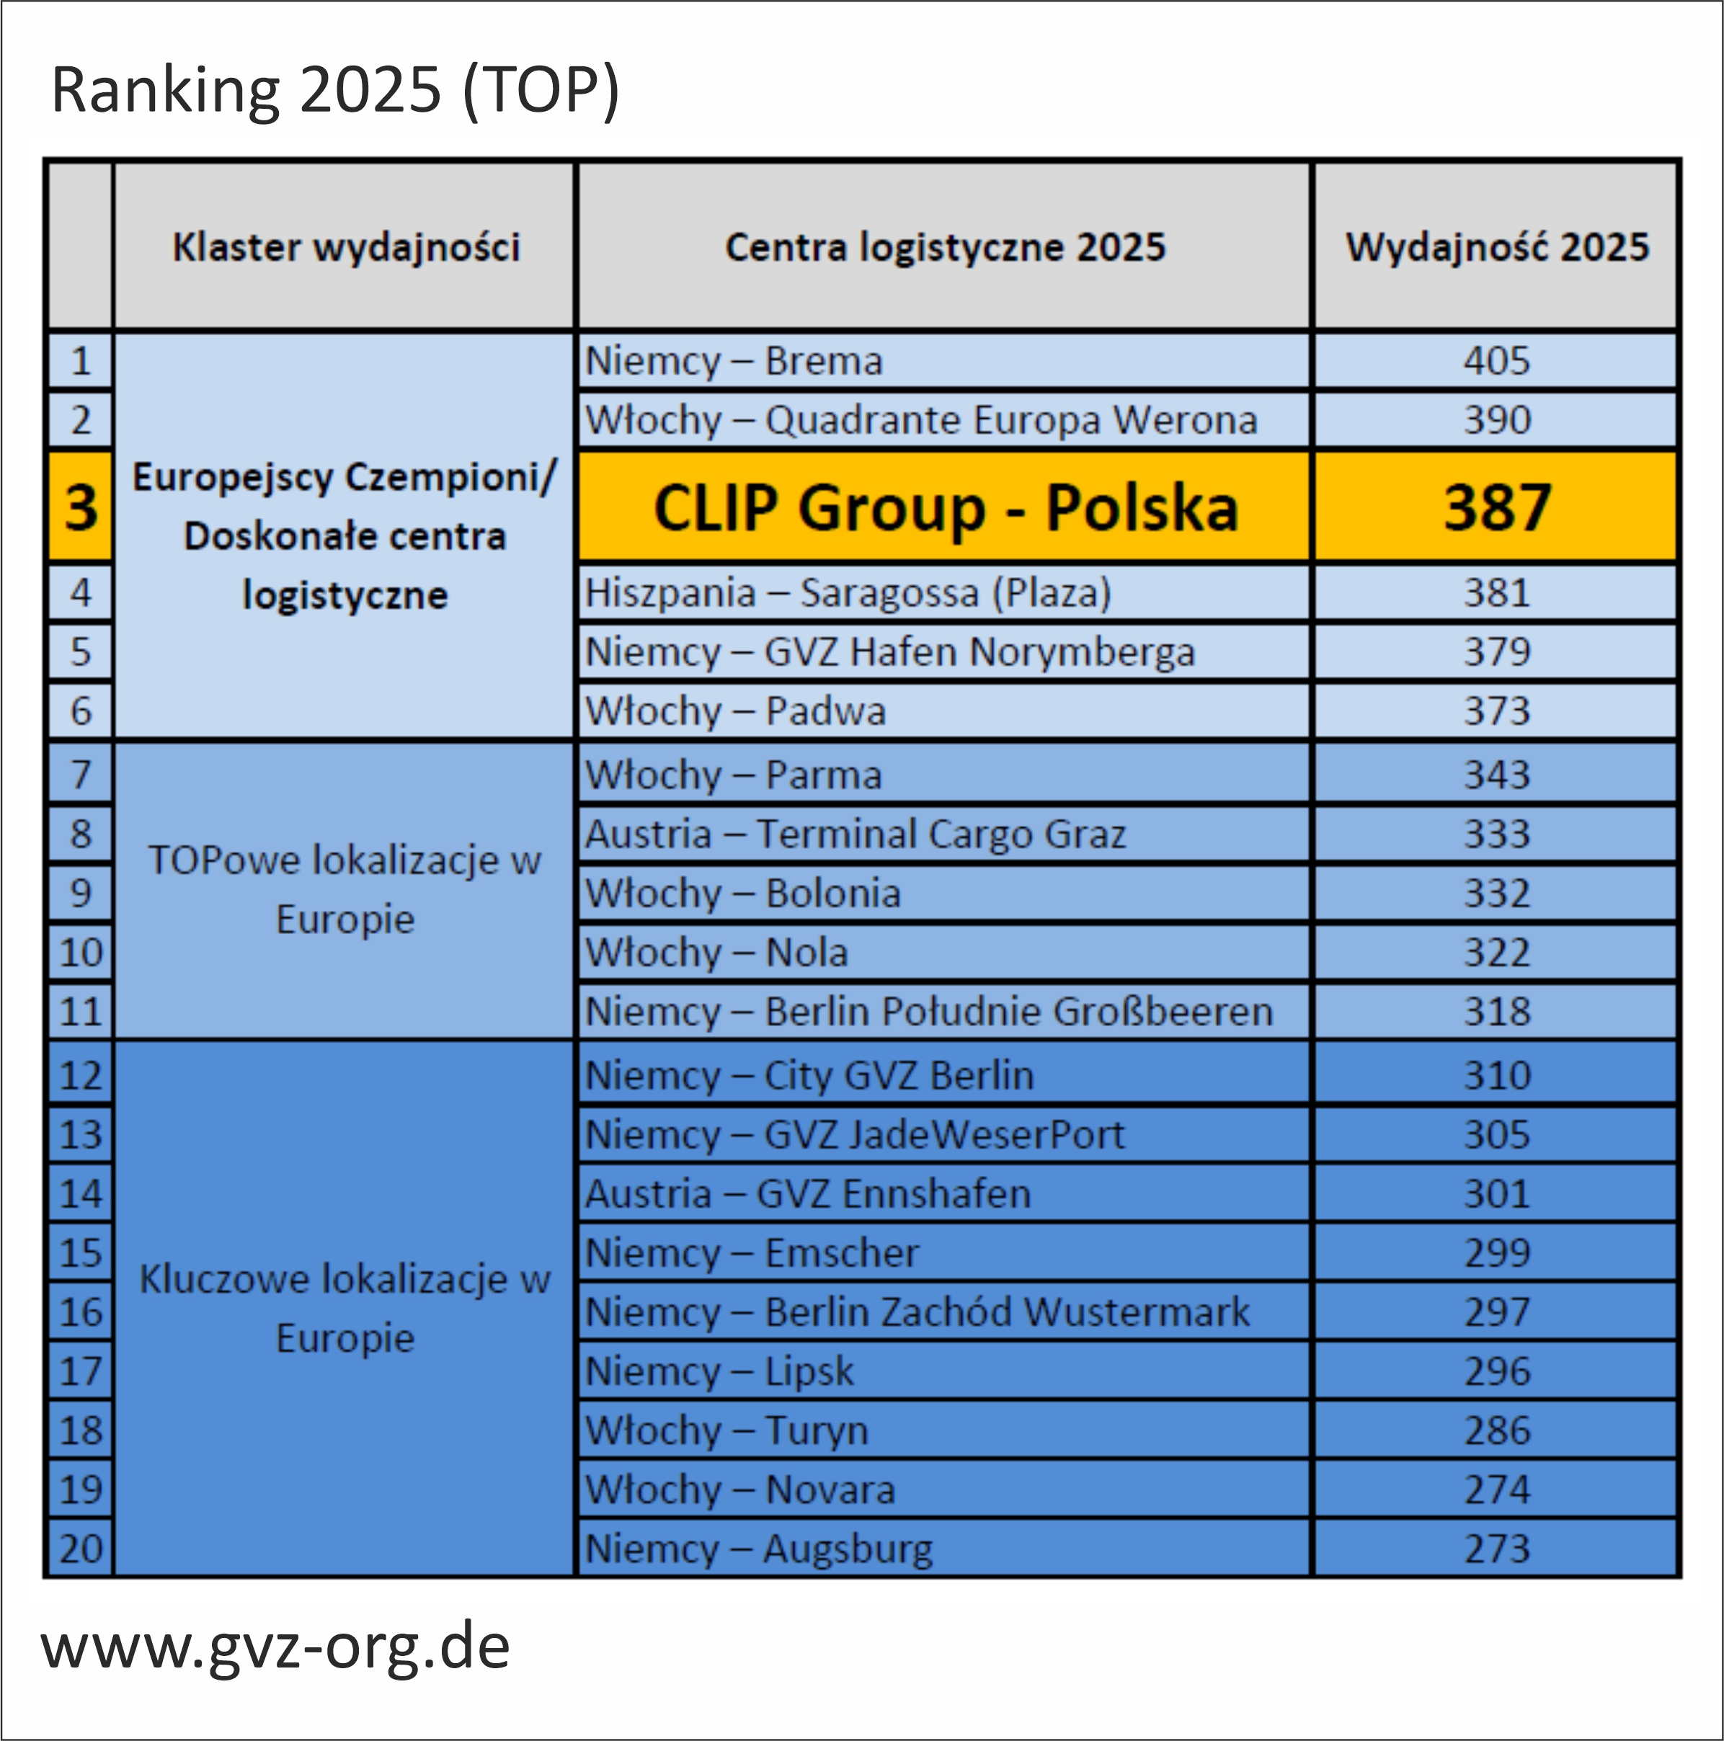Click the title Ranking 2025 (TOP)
coord(335,90)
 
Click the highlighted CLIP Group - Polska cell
coord(944,507)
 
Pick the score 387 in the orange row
coord(1496,507)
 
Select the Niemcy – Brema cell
coord(734,361)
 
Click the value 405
coord(1496,361)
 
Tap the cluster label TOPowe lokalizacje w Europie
coord(345,889)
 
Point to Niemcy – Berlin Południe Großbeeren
coord(929,1011)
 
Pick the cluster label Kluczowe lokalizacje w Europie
coord(345,1309)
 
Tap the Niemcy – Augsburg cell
coord(759,1548)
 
